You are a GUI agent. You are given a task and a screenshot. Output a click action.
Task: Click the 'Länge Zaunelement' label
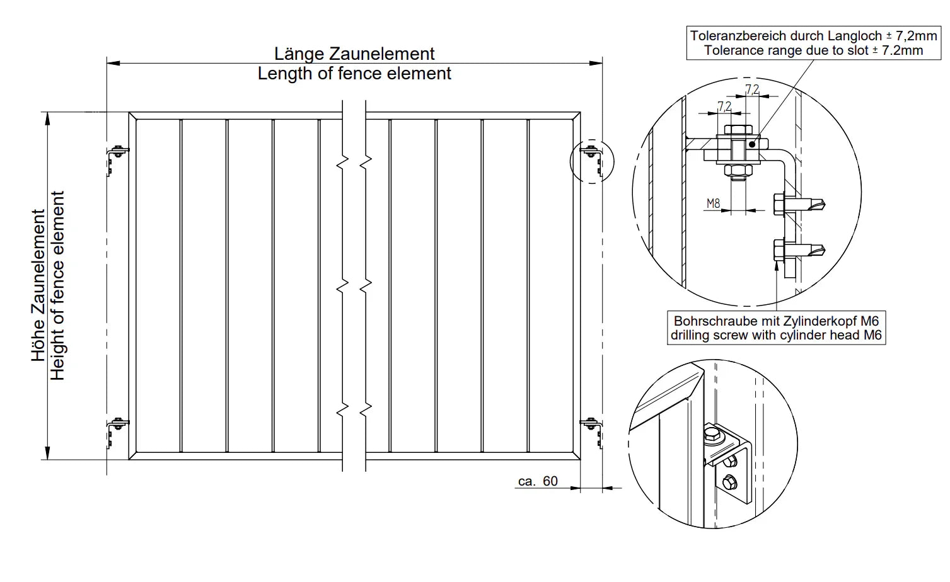[354, 54]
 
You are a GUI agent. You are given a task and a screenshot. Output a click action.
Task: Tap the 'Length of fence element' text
[354, 74]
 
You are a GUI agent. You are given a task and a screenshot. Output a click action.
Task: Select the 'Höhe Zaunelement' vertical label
[38, 285]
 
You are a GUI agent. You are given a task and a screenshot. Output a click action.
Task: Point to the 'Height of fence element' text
[58, 285]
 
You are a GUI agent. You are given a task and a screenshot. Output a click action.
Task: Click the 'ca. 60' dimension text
[538, 481]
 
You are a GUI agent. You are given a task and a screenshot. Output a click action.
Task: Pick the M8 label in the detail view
[713, 203]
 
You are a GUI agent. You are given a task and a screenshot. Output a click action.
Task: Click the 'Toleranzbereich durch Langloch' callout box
[813, 43]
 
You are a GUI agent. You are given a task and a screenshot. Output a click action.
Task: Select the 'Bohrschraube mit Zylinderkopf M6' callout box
[776, 328]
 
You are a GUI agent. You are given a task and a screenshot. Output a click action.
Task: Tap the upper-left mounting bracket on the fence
[115, 159]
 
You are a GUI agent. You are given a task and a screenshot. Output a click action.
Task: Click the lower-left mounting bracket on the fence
[115, 430]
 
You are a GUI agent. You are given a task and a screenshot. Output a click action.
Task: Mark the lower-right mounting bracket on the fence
[592, 430]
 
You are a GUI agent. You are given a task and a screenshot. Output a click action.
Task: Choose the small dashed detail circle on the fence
[591, 161]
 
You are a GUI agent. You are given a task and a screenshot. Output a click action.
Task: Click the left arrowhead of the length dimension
[112, 63]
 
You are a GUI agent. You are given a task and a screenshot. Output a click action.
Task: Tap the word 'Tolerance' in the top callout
[731, 50]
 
